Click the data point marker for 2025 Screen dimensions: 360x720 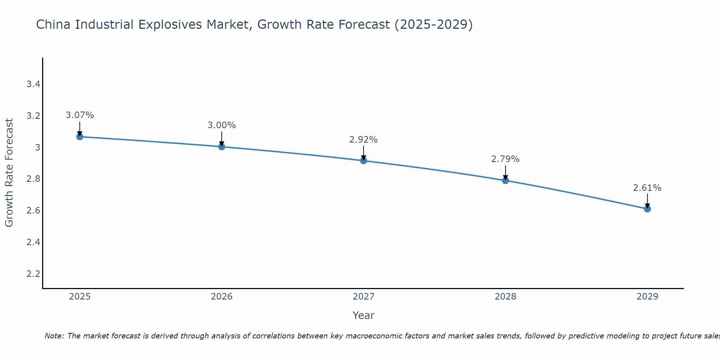80,137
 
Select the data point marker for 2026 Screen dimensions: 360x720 222,147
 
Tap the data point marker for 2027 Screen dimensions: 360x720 364,161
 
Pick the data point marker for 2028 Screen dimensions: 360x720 505,180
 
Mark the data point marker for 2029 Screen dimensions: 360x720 647,209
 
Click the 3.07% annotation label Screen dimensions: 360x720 80,115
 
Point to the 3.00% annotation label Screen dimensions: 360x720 222,125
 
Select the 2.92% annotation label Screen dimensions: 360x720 364,140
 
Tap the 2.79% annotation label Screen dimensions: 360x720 505,159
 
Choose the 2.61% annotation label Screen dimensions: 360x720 647,188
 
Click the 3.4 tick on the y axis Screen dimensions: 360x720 33,84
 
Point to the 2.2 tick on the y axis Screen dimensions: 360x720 33,274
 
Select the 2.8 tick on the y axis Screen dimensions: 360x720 33,179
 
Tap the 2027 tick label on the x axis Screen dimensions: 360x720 364,297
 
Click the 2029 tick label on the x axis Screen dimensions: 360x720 647,297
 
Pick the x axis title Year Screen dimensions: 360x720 364,315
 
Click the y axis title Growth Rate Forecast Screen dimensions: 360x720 9,173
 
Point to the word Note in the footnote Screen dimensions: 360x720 54,336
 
